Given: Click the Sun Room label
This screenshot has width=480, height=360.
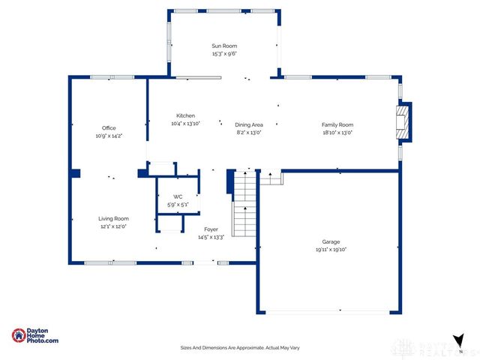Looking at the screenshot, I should coord(224,46).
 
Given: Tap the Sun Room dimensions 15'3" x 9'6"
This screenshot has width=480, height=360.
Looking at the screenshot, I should coord(224,54).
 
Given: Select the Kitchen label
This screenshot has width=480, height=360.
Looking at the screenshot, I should coord(186,115).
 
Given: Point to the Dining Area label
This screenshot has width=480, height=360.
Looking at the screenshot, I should coord(248,124).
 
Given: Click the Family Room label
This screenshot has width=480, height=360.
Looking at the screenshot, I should coord(337,124).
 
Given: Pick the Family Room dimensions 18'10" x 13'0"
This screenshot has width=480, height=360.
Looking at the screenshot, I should coord(337,132).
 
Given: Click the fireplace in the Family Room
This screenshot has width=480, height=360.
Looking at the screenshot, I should coord(404,122).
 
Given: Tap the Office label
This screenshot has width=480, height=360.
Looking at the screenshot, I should coord(109,128).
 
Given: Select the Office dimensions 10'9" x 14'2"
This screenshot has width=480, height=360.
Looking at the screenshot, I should coord(109,136).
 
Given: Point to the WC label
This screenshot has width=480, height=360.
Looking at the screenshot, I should coord(178,196).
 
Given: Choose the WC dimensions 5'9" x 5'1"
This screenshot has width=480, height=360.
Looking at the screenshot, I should coord(178,204).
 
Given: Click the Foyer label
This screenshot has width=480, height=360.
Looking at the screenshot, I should coord(211,229).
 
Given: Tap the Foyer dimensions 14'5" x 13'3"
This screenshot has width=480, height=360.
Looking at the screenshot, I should coord(211,237).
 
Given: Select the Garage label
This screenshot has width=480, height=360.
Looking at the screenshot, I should coord(331,242).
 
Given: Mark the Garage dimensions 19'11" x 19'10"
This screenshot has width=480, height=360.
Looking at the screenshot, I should coord(331,250).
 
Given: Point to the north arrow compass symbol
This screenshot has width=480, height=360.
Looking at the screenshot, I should coord(457,340).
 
